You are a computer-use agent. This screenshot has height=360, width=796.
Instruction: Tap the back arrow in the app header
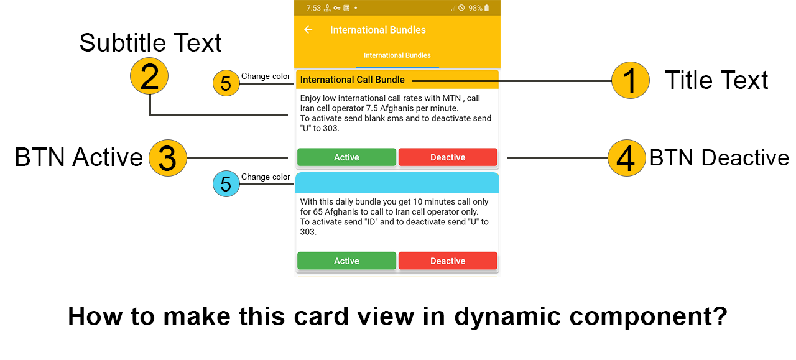coord(308,30)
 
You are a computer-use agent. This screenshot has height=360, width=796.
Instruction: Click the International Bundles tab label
coord(397,55)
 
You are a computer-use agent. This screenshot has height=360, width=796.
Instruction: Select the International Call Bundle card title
coord(352,80)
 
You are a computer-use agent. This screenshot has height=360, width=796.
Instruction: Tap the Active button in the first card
coord(346,157)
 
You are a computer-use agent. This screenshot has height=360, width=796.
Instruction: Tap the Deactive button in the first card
coord(448,157)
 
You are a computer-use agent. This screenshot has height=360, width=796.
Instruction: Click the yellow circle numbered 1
coord(630,81)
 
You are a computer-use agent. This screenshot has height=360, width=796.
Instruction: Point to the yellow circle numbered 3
coord(168,158)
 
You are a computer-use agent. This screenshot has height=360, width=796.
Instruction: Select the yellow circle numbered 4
coord(626,158)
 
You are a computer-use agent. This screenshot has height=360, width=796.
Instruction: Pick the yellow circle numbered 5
coord(226,83)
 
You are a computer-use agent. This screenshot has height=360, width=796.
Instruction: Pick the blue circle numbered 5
coord(226,184)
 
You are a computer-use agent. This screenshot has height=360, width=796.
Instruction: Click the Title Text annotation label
coord(716,81)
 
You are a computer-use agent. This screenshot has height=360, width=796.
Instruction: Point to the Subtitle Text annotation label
coord(150,43)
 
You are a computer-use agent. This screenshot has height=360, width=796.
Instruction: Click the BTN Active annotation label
coord(79,158)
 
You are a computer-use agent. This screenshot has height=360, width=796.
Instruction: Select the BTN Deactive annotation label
coord(719,158)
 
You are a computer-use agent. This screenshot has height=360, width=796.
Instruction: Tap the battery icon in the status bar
coord(486,8)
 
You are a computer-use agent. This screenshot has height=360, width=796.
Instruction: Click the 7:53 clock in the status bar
coord(313,8)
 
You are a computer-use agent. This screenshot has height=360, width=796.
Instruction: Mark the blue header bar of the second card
coord(397,183)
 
